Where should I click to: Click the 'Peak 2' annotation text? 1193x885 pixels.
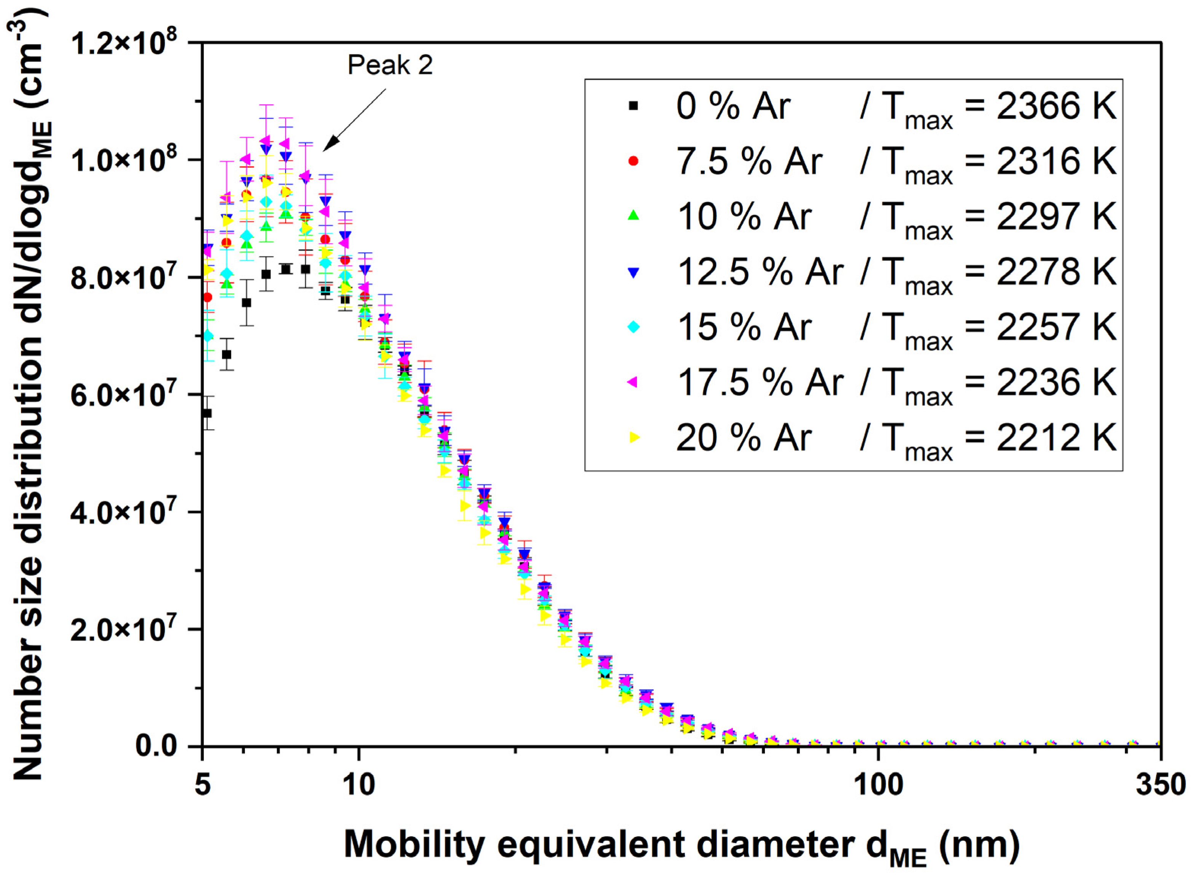(x=390, y=65)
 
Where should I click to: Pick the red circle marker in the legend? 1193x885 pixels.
(x=633, y=161)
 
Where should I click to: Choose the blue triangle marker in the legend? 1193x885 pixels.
(x=633, y=272)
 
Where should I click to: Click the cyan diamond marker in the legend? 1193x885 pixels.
(x=633, y=327)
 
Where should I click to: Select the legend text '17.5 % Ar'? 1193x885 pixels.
(x=760, y=383)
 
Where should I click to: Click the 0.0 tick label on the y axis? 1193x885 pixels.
(x=156, y=746)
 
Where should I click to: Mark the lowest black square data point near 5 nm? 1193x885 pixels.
(x=207, y=413)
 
